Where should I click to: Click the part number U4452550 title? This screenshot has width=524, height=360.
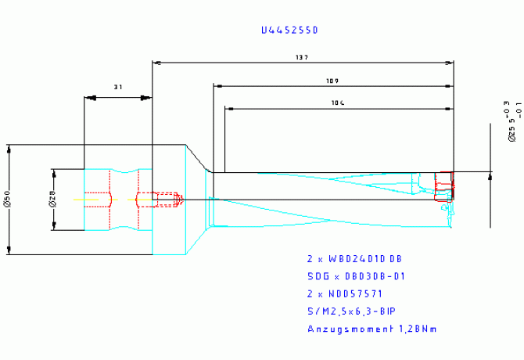pos(289,30)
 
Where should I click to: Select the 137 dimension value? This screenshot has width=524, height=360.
pos(302,57)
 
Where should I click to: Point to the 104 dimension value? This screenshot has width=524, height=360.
pos(338,103)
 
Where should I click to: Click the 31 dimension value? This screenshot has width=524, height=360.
pos(118,88)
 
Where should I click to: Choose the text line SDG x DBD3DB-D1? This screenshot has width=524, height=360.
pos(355,276)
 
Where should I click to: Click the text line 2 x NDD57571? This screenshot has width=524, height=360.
pos(344,293)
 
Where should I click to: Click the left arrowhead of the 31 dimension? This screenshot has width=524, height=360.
pos(89,98)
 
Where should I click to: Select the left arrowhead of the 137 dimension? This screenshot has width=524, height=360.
pos(156,62)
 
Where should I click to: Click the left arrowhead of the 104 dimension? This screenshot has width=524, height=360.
pos(229,107)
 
